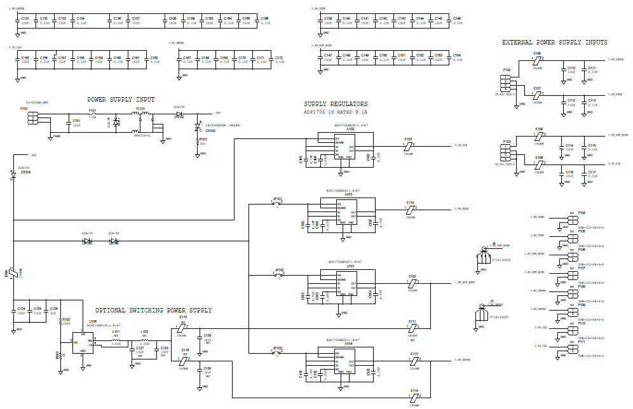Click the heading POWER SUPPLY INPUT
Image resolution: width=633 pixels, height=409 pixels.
click(121, 100)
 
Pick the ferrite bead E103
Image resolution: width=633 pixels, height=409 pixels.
click(407, 145)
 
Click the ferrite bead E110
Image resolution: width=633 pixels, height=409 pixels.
click(411, 208)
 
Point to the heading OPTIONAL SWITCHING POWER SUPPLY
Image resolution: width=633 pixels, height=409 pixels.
click(153, 310)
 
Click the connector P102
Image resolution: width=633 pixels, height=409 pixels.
click(507, 82)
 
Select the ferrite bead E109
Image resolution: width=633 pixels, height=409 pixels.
click(538, 164)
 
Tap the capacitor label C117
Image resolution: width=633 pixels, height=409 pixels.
click(592, 172)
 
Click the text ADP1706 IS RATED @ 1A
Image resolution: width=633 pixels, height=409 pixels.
click(336, 112)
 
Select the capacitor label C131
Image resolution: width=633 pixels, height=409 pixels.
click(25, 19)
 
